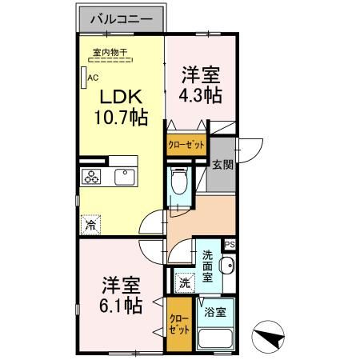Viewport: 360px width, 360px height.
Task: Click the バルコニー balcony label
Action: click(122, 19)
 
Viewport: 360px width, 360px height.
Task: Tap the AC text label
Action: click(94, 78)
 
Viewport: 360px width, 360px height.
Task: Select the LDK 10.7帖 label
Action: click(122, 107)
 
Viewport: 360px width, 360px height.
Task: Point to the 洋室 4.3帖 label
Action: click(201, 85)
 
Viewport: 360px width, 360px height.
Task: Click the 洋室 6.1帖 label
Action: click(121, 295)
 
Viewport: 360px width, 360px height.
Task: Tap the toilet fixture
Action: click(179, 181)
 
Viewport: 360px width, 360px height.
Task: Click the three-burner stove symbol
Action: click(91, 177)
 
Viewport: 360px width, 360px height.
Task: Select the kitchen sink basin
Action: click(125, 177)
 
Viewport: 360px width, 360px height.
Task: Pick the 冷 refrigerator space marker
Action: click(90, 225)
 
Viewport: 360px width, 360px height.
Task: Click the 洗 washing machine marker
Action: click(185, 282)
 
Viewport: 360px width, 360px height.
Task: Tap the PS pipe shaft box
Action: click(230, 245)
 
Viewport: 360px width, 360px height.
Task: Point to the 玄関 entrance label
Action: click(222, 165)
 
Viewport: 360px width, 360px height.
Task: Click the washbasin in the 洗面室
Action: click(226, 266)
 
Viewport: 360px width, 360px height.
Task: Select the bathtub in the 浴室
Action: click(216, 338)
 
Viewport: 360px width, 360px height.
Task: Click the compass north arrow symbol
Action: click(268, 337)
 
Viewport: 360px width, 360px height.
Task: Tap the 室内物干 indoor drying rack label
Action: click(110, 52)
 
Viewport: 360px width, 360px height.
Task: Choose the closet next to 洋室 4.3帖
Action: click(186, 145)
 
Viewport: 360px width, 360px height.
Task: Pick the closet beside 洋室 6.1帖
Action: click(179, 324)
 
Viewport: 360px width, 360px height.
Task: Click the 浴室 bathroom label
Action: click(215, 312)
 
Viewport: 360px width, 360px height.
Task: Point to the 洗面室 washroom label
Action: click(207, 266)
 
